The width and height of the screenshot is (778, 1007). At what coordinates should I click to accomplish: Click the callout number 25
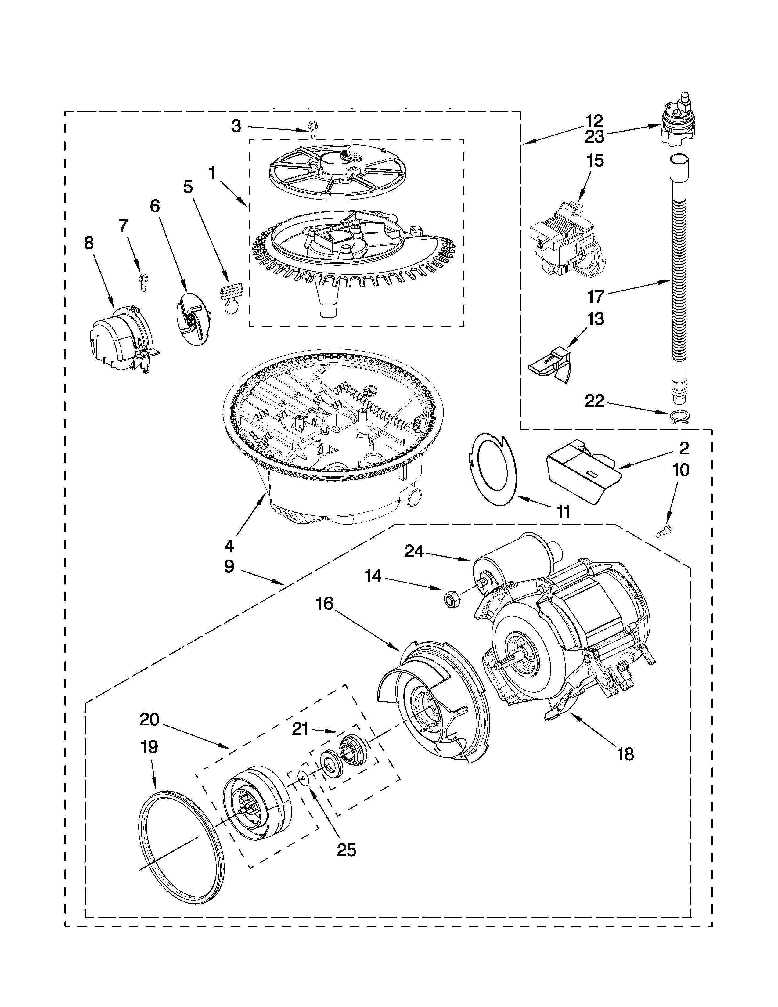(346, 850)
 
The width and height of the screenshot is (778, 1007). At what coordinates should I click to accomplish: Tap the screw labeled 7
(142, 281)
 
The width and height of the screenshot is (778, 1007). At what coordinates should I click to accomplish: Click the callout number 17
(595, 297)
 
